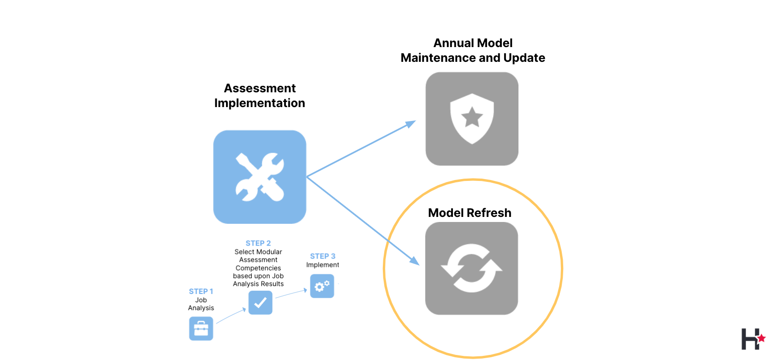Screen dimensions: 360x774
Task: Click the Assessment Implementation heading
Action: pos(260,96)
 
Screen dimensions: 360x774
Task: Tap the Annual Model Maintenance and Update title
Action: pos(473,50)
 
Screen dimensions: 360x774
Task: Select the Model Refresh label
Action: pos(470,213)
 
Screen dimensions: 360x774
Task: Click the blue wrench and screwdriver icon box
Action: pos(260,177)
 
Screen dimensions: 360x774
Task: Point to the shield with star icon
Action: pos(472,119)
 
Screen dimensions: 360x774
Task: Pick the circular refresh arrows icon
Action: pos(471,268)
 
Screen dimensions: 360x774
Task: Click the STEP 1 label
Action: pos(201,291)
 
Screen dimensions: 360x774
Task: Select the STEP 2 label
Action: pos(258,243)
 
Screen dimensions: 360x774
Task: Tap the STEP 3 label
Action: pos(322,256)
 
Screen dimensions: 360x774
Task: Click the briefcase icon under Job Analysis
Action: pos(201,329)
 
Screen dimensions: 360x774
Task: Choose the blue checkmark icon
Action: pos(260,303)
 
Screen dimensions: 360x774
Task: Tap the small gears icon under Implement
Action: pos(322,286)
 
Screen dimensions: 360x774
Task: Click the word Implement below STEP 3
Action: pos(322,265)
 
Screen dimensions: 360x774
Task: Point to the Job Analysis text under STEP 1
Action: pos(201,304)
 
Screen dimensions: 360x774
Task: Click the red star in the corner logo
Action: pos(761,338)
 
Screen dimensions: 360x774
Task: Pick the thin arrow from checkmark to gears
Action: pos(291,294)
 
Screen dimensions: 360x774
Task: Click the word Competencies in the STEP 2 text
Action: pos(258,268)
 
